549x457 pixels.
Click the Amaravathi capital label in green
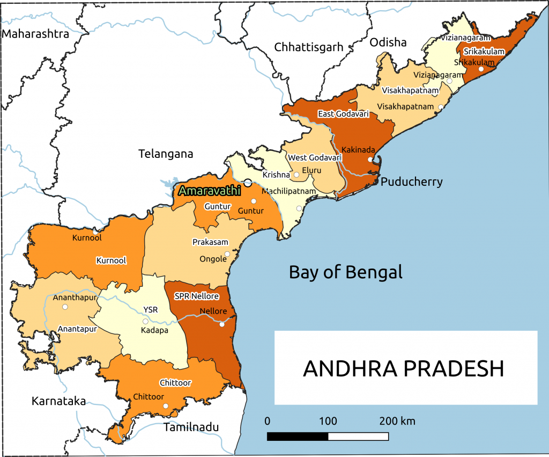click(210, 191)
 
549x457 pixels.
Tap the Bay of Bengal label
click(345, 272)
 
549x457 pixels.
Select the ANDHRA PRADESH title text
click(404, 369)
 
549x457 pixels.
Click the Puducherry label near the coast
click(411, 182)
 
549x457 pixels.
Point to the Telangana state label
click(165, 154)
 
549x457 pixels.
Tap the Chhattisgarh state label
click(308, 47)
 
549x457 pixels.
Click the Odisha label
click(388, 43)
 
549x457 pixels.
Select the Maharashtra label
click(36, 34)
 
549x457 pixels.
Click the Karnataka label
click(58, 401)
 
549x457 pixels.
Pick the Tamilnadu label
click(191, 427)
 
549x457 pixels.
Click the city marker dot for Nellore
click(221, 323)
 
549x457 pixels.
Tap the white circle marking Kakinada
click(370, 159)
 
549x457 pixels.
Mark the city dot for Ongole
click(227, 254)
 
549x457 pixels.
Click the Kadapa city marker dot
click(145, 321)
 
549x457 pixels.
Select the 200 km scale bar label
click(397, 421)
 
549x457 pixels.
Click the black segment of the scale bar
click(298, 436)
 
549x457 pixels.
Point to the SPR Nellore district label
click(197, 296)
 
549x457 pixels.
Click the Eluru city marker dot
click(296, 175)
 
